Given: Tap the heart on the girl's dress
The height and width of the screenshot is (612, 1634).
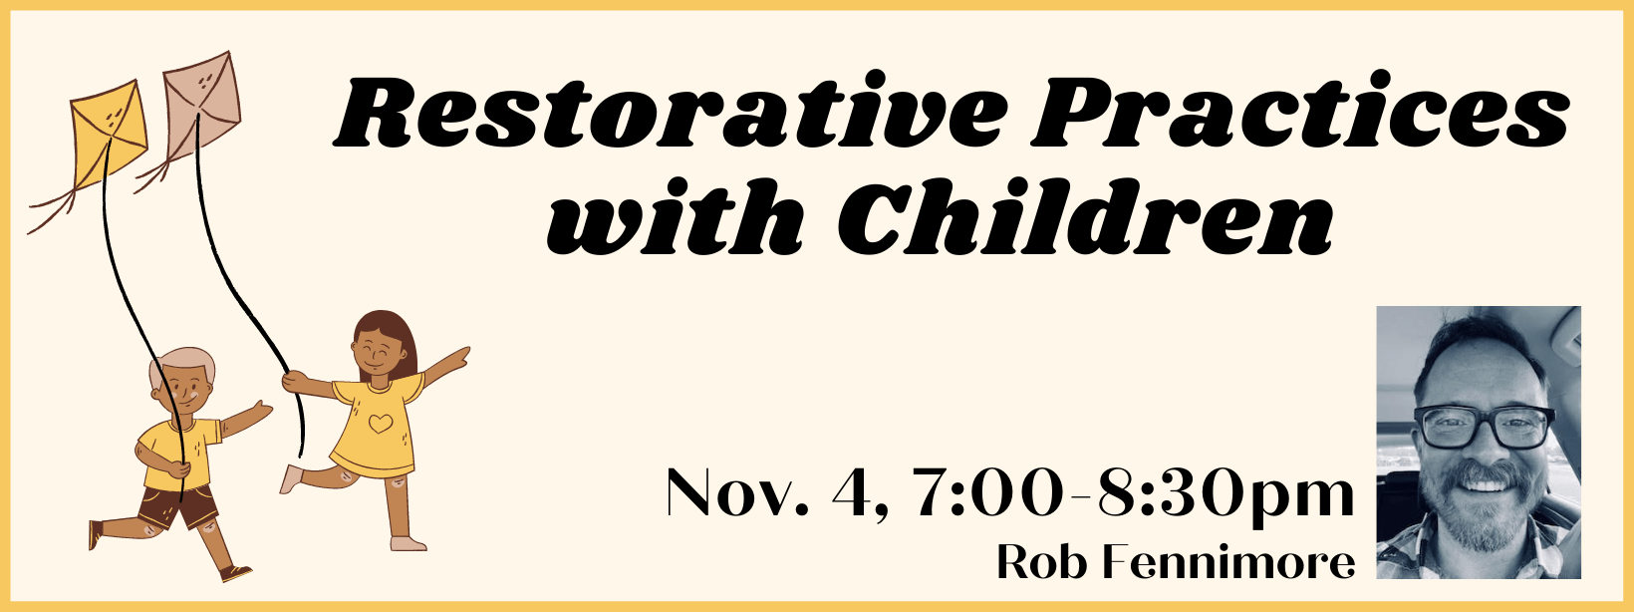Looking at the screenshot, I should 380,424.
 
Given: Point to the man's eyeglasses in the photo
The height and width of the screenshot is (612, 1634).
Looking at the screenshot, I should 1485,426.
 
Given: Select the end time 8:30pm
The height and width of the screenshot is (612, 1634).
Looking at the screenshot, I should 1225,492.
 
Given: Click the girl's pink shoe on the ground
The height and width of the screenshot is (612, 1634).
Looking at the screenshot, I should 408,543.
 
